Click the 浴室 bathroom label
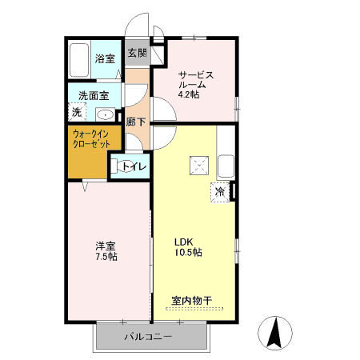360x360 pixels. [x=105, y=58]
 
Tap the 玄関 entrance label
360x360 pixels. [x=137, y=54]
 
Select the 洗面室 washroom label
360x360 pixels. [x=93, y=96]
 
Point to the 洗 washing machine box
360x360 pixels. [x=77, y=113]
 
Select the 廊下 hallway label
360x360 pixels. [x=136, y=122]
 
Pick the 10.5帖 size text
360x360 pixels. [x=188, y=252]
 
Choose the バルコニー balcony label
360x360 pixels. [x=147, y=337]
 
